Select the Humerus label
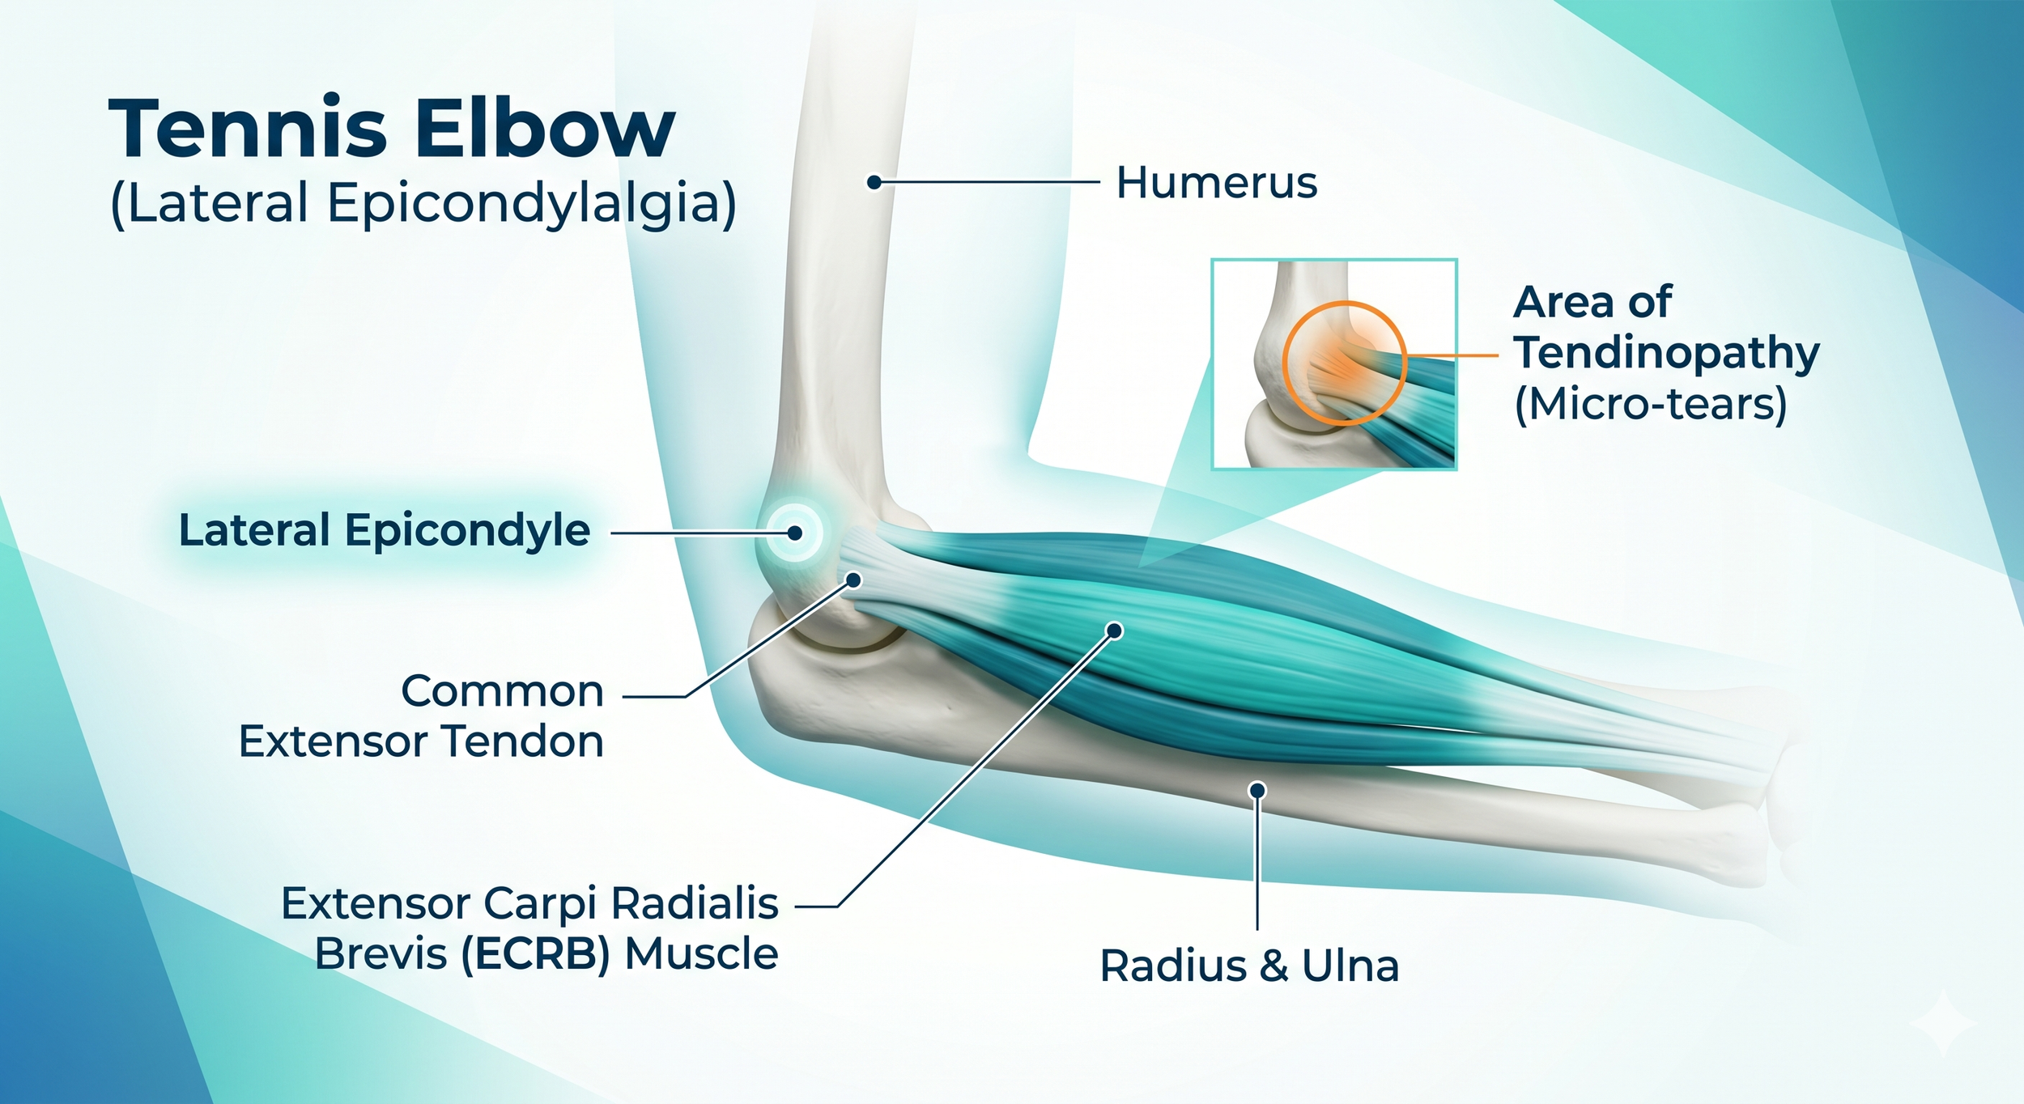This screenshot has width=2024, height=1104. click(1216, 183)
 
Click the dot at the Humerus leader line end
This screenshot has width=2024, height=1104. click(874, 183)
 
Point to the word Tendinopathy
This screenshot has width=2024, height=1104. click(1667, 353)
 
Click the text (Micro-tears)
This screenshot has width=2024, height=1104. click(1651, 404)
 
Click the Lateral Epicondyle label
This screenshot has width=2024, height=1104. click(385, 531)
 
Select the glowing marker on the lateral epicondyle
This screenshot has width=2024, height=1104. click(795, 533)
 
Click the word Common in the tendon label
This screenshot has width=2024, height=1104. click(503, 692)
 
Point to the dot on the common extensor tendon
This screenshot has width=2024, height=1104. click(853, 580)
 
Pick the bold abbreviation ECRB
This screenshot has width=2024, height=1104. click(534, 954)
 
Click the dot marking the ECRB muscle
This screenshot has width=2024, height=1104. click(1114, 631)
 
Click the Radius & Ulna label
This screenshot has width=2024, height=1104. click(1249, 966)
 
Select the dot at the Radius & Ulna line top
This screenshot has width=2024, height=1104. click(1257, 790)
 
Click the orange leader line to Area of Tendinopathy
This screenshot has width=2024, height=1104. click(1453, 355)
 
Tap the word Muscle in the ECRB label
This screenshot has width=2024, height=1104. click(701, 954)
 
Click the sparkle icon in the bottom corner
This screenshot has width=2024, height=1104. click(1943, 1025)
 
